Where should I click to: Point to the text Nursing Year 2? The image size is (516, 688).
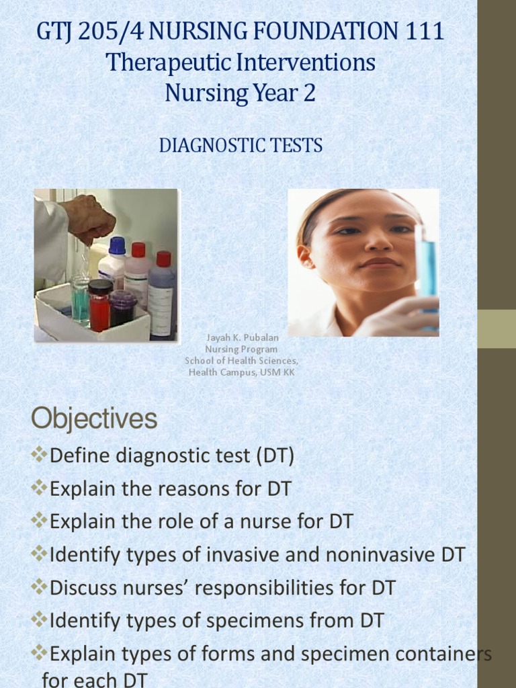(x=240, y=93)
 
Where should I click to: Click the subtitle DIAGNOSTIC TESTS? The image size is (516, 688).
(x=241, y=145)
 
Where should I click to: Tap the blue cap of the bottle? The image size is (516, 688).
(x=117, y=246)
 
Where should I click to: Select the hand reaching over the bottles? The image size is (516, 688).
(x=89, y=218)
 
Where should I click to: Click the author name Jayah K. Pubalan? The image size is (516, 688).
(x=241, y=339)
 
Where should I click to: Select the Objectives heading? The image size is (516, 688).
(x=94, y=420)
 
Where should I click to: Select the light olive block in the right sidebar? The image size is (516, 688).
(x=497, y=329)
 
